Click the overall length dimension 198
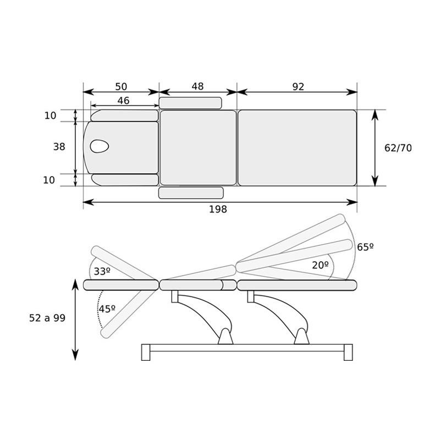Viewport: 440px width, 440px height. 218,209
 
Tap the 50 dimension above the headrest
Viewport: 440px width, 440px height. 121,86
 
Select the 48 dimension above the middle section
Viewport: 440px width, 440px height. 197,86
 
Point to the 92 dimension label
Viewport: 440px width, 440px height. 298,87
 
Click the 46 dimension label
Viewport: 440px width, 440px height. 123,101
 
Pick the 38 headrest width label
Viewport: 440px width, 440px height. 59,146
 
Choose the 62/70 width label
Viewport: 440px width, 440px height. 398,148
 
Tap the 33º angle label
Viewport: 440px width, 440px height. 102,271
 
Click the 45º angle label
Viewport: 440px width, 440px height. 107,309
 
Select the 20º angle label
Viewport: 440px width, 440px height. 320,265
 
